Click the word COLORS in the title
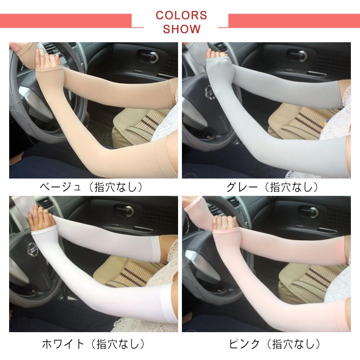(x=181, y=15)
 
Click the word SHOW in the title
(x=181, y=29)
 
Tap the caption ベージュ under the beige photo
(x=60, y=187)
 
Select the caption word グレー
(x=242, y=187)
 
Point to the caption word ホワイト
(x=63, y=344)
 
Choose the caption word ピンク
(x=244, y=344)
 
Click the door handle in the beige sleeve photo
(x=148, y=57)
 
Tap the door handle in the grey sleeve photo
(x=298, y=55)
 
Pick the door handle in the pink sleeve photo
(x=308, y=212)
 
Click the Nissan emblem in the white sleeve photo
(x=33, y=249)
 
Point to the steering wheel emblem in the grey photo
(x=209, y=91)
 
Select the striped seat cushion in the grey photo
(x=305, y=122)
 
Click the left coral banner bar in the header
(x=66, y=21)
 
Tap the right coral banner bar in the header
(x=294, y=21)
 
